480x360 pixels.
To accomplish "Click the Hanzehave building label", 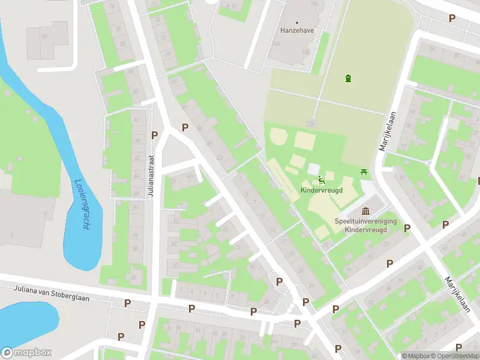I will coord(294,29).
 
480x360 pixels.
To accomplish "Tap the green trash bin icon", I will coord(348,78).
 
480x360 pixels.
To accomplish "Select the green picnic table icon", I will coord(364,173).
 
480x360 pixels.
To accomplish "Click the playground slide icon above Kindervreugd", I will coord(322,179).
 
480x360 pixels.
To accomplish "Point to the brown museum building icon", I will coord(366,211).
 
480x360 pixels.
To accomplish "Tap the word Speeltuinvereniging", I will coord(365,221).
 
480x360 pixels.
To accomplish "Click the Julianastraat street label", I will coord(152,179).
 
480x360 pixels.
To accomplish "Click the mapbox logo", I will coord(26,353).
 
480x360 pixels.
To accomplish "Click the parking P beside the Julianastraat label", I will coord(155,135).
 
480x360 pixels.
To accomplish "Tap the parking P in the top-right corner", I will coord(452,19).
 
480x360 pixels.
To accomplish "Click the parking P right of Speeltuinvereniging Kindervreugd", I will coord(407,228).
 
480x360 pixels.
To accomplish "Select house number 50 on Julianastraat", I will coord(136,207).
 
